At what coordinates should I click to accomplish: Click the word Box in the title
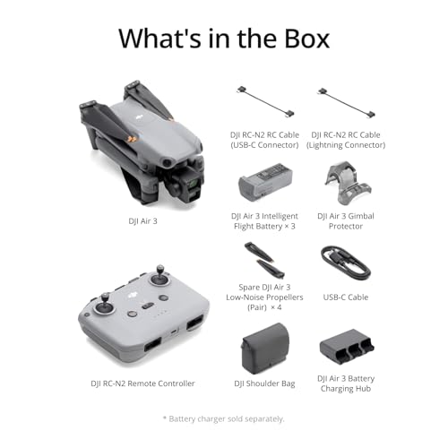pos(298,39)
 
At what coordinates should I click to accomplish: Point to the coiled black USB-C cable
pos(344,263)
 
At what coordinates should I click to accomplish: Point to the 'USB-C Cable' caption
pos(344,297)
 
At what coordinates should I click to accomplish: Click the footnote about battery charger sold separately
pos(224,418)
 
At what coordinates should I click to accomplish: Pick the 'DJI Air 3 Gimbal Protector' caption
pos(345,220)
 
